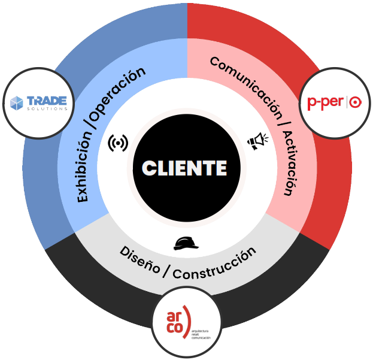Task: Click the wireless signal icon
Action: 118,143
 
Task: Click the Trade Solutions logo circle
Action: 38,103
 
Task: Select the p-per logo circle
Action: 335,103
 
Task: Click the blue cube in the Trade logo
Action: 17,103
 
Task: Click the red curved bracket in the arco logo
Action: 187,322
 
